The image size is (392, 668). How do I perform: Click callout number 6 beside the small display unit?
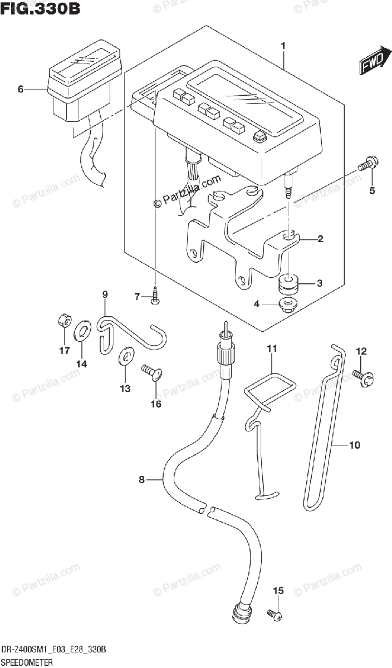click(x=21, y=89)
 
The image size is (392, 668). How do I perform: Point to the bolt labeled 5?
click(x=367, y=165)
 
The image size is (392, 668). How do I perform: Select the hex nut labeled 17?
click(x=64, y=321)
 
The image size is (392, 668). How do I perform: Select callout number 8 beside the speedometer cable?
click(x=141, y=479)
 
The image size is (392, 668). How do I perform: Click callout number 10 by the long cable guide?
click(x=355, y=445)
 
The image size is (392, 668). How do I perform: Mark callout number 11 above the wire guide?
click(x=271, y=348)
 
